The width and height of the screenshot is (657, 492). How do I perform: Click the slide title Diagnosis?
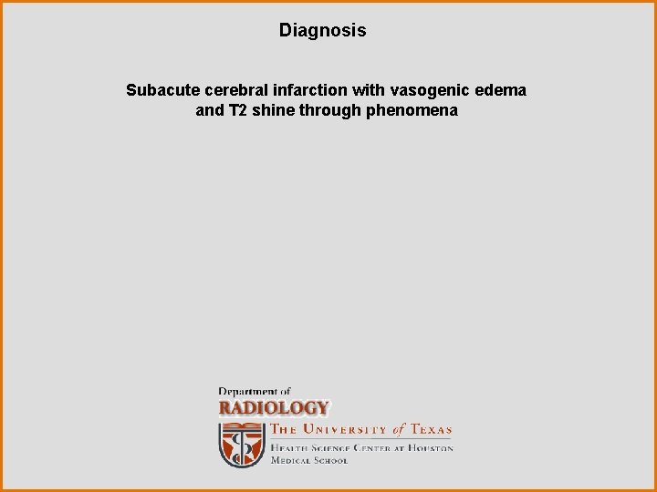322,31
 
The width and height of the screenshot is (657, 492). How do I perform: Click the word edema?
501,90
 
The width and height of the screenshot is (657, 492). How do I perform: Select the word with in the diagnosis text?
365,90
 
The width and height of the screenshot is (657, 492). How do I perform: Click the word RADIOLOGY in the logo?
273,408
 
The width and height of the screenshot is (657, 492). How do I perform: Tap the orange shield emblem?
241,444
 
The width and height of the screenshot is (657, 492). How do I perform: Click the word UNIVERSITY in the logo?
346,430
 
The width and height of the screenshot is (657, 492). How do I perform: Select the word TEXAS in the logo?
431,430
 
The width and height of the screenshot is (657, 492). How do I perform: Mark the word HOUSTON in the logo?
430,448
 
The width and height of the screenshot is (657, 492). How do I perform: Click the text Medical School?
308,461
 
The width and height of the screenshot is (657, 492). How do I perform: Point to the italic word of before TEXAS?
399,430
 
